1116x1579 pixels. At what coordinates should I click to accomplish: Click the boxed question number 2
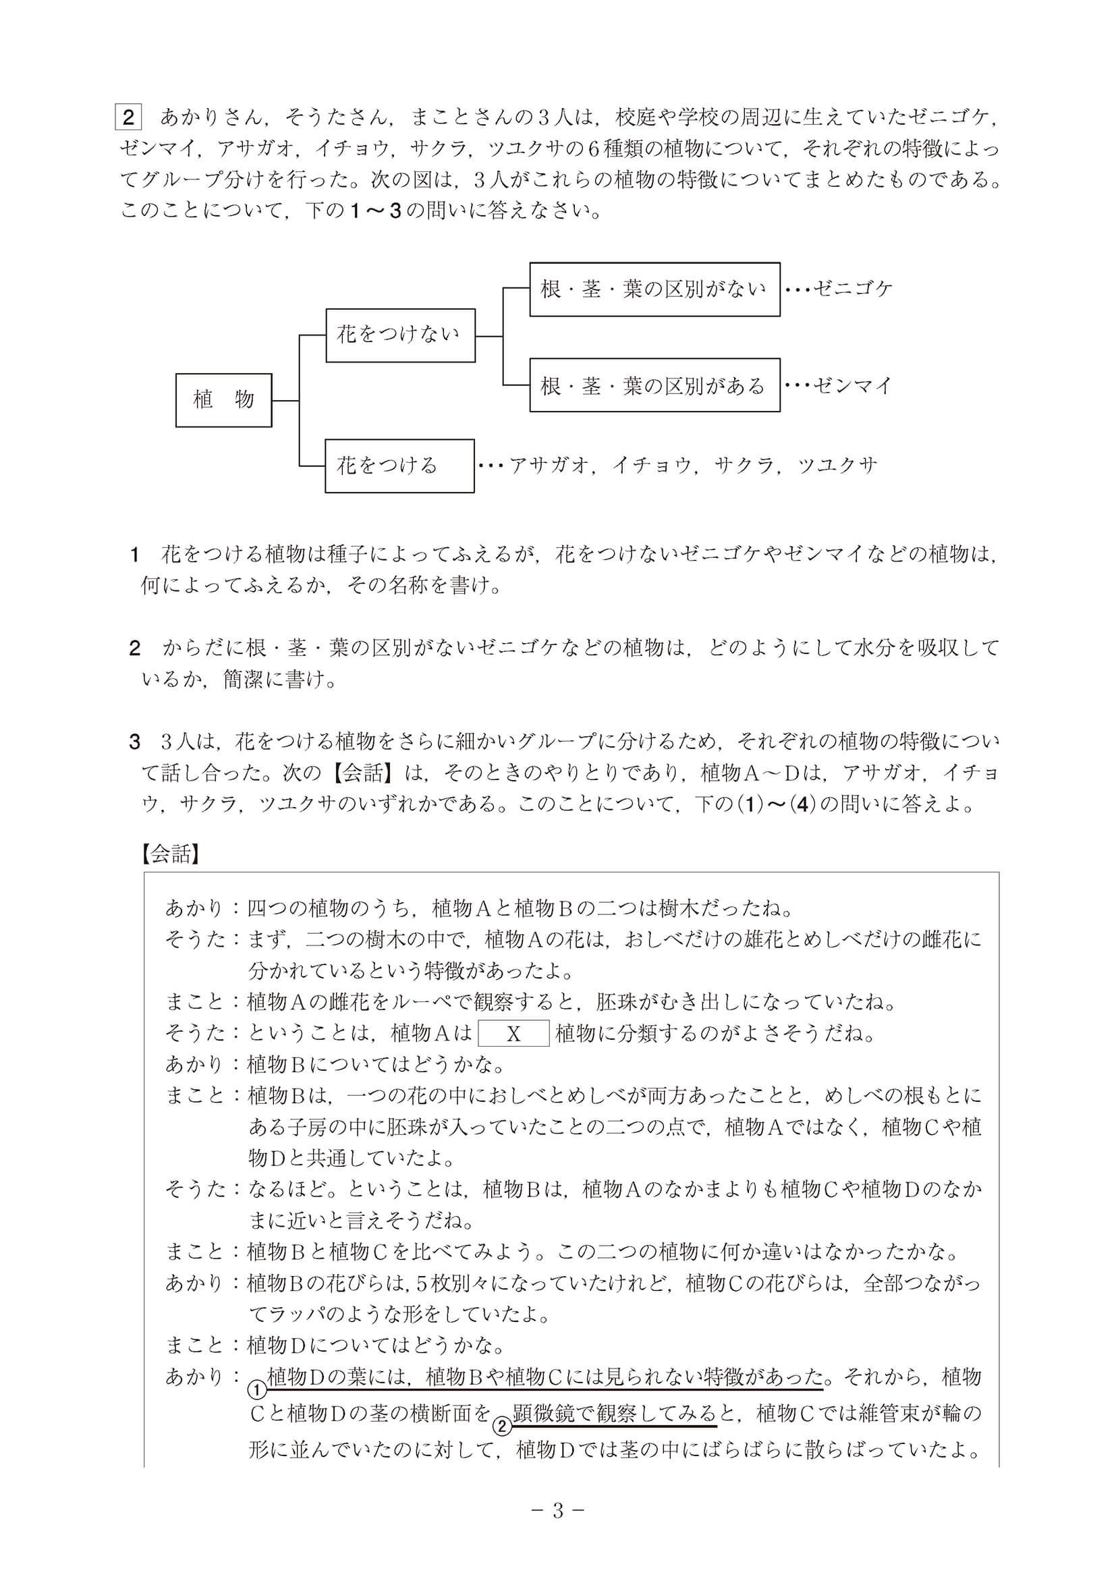point(128,117)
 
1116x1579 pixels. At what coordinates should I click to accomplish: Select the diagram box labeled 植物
point(223,399)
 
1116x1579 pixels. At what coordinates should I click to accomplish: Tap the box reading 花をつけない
point(400,335)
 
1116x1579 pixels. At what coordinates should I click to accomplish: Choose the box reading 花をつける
point(399,466)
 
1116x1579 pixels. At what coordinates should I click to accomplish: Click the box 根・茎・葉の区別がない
point(654,289)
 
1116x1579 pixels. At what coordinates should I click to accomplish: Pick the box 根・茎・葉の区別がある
point(654,385)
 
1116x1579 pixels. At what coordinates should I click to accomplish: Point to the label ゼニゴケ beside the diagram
point(852,289)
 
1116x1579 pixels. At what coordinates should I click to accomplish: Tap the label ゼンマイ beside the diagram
point(852,385)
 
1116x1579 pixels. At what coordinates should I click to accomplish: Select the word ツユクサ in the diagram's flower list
point(837,466)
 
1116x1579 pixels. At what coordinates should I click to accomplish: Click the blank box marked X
point(513,1034)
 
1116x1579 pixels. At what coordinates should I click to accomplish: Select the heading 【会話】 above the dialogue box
point(170,854)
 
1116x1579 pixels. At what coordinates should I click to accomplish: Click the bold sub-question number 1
point(136,555)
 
